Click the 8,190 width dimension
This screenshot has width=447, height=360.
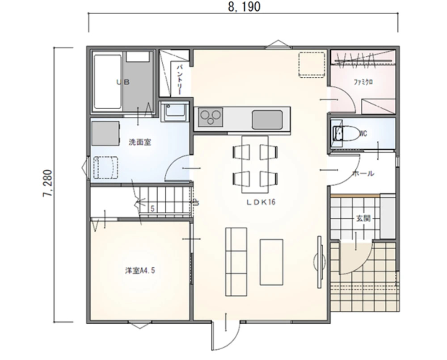[245, 7]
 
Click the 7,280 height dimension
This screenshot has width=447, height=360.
[48, 184]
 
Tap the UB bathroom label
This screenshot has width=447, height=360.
[123, 82]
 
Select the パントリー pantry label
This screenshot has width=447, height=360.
[180, 80]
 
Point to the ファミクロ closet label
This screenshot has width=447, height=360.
[363, 82]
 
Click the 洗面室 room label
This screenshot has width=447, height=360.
[139, 142]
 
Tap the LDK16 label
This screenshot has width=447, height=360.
[261, 202]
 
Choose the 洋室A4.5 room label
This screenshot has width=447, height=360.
[140, 270]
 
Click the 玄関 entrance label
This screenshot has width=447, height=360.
[363, 218]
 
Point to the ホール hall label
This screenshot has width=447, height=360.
[363, 173]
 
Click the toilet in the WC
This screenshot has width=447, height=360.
[347, 133]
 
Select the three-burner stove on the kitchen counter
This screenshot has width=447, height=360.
[211, 117]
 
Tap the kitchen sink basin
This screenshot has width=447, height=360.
[267, 120]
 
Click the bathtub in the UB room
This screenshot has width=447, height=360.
[107, 82]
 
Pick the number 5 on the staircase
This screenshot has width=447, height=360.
[152, 209]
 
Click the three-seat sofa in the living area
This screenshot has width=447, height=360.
[236, 262]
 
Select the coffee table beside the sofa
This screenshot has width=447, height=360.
[271, 262]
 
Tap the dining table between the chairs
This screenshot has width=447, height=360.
[255, 164]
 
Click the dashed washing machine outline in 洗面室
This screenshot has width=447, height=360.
[105, 167]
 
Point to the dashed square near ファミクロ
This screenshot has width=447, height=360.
[312, 65]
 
